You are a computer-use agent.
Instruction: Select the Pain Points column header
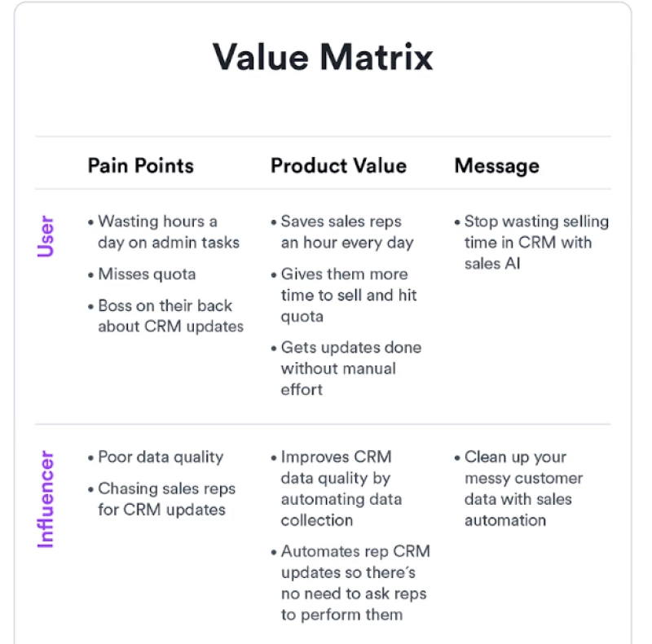click(x=140, y=166)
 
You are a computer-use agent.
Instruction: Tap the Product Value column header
click(x=338, y=166)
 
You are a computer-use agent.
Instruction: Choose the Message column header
click(x=496, y=166)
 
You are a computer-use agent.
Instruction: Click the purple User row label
click(x=46, y=236)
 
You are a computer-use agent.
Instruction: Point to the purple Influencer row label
click(x=46, y=498)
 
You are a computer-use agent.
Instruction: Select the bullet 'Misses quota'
click(x=147, y=274)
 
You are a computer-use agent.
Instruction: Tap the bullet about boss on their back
click(x=170, y=316)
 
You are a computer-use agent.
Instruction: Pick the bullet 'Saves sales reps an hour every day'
click(x=346, y=232)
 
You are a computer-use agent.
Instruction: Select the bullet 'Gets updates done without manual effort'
click(x=350, y=368)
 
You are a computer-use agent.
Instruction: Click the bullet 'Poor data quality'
click(x=160, y=458)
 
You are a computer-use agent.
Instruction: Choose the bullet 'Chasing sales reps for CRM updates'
click(x=166, y=499)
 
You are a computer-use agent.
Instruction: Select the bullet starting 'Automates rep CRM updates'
click(x=355, y=583)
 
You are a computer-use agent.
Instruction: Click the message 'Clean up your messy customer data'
click(x=522, y=488)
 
